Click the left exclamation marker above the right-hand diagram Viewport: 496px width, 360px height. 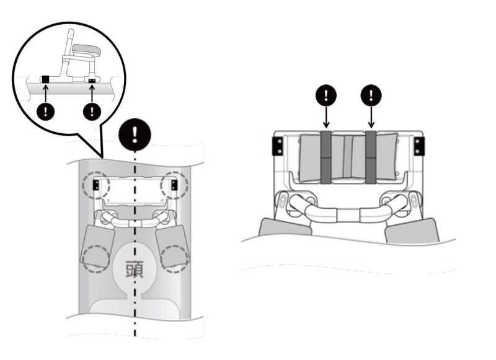[327, 95]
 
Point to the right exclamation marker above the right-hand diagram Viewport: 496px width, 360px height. [371, 95]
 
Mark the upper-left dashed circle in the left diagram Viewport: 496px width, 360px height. [96, 184]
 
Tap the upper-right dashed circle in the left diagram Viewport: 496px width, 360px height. [174, 184]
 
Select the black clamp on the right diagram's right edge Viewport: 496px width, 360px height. [420, 147]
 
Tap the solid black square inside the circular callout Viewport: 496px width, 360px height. [45, 79]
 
